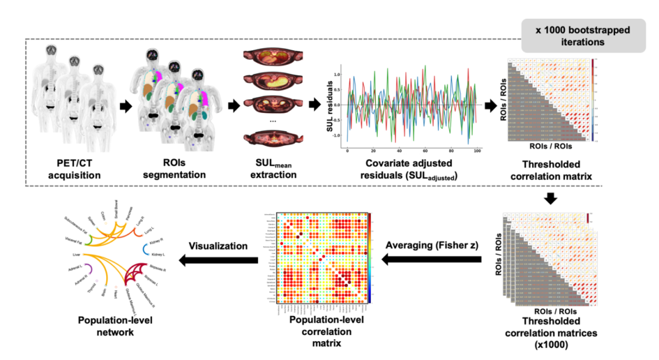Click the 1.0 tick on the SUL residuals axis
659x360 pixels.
337,74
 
